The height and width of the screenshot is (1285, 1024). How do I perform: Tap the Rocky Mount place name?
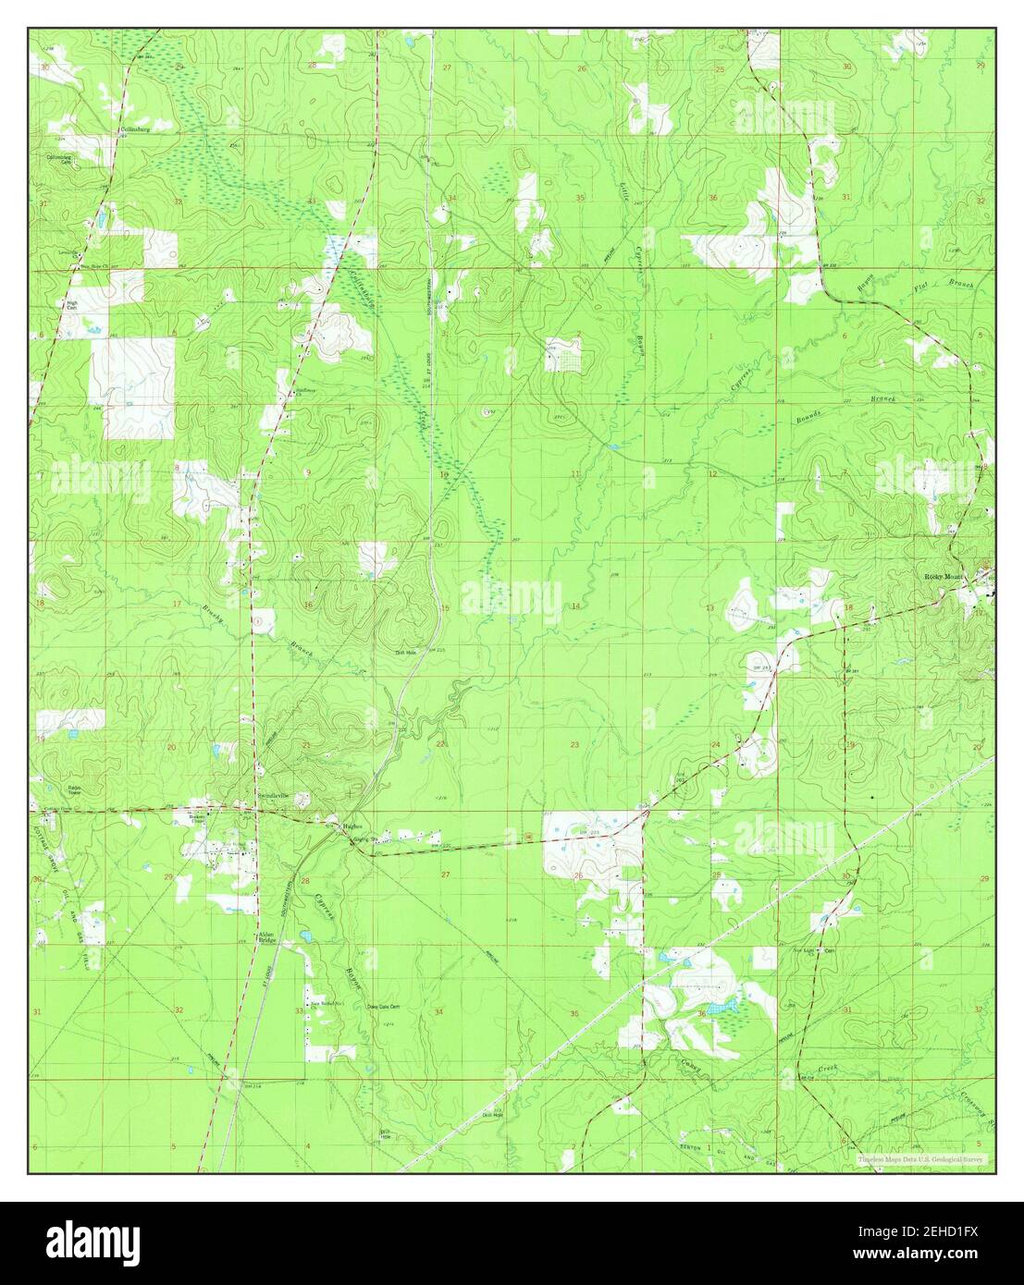944,577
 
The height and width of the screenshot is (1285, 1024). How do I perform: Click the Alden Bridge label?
268,936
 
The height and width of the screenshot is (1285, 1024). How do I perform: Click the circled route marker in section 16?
258,617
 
